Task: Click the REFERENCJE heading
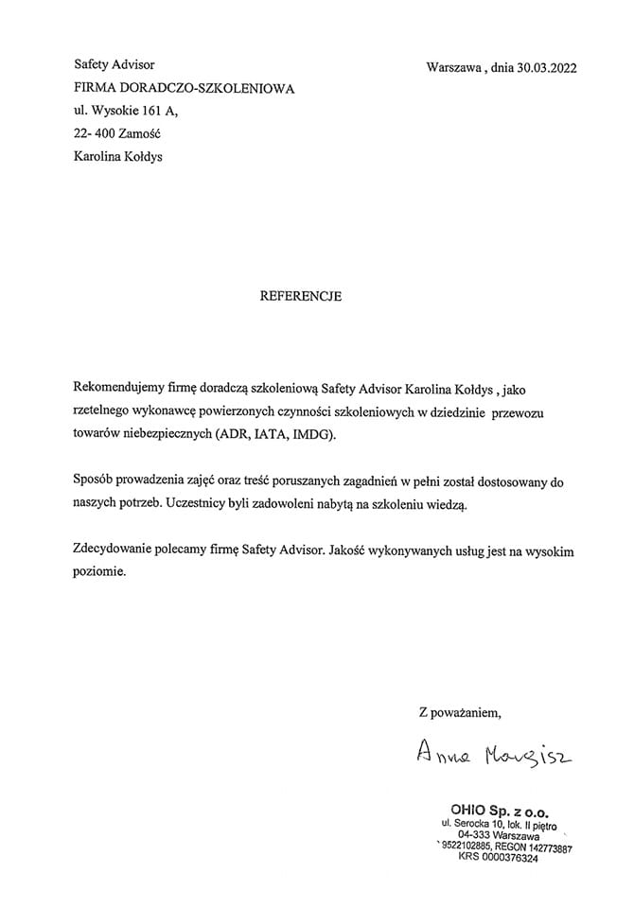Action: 300,296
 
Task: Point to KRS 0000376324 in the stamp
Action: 498,858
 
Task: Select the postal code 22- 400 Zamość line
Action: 117,134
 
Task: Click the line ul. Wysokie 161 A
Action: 125,111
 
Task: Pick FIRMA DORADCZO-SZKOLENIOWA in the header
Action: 185,88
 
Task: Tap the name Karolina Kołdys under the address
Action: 117,157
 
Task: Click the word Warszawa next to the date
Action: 455,67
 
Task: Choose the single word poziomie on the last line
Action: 99,572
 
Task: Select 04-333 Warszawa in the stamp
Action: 499,836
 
